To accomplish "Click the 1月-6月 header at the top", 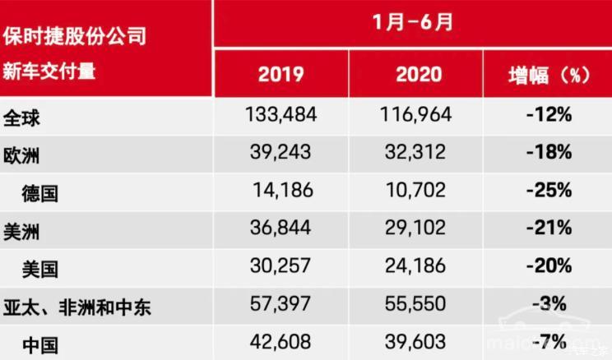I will (412, 23).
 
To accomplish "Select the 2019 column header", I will (280, 75).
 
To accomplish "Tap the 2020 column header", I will (418, 75).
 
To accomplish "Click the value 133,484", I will (280, 115).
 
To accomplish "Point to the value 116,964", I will (417, 115).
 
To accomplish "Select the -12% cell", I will (549, 115).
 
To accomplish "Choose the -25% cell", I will (549, 192).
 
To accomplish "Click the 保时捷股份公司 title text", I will (74, 37).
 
